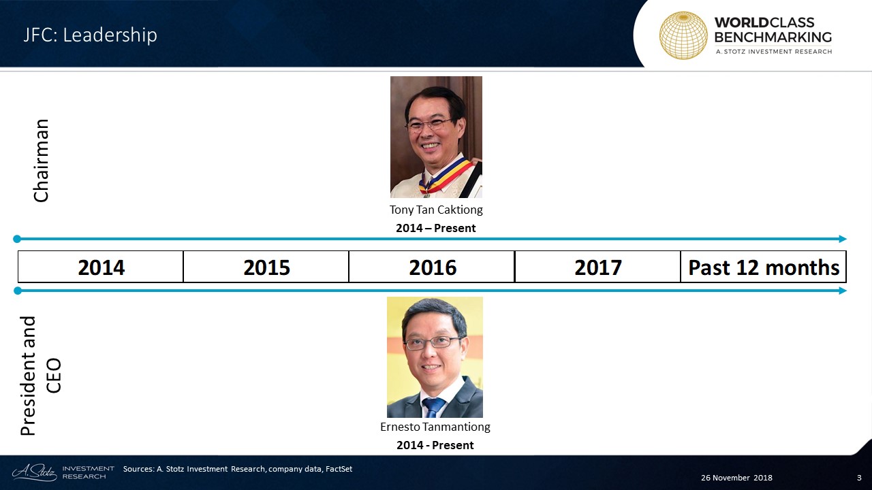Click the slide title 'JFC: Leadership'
(90, 35)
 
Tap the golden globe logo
(683, 35)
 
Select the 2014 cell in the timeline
(100, 267)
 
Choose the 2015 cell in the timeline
(266, 267)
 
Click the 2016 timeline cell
(432, 267)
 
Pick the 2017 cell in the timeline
(597, 267)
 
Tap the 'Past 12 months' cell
(764, 267)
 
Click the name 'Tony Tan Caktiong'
(436, 210)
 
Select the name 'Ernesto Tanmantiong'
(435, 427)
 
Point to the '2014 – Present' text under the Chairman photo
(435, 228)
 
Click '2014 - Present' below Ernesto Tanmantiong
(435, 445)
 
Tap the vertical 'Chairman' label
(42, 161)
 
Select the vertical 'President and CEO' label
(40, 375)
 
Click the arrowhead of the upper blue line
(843, 239)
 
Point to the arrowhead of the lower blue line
(843, 291)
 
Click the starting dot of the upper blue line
(17, 239)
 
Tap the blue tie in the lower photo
(433, 407)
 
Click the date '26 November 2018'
(736, 478)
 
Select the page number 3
(859, 478)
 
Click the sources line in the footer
(238, 469)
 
